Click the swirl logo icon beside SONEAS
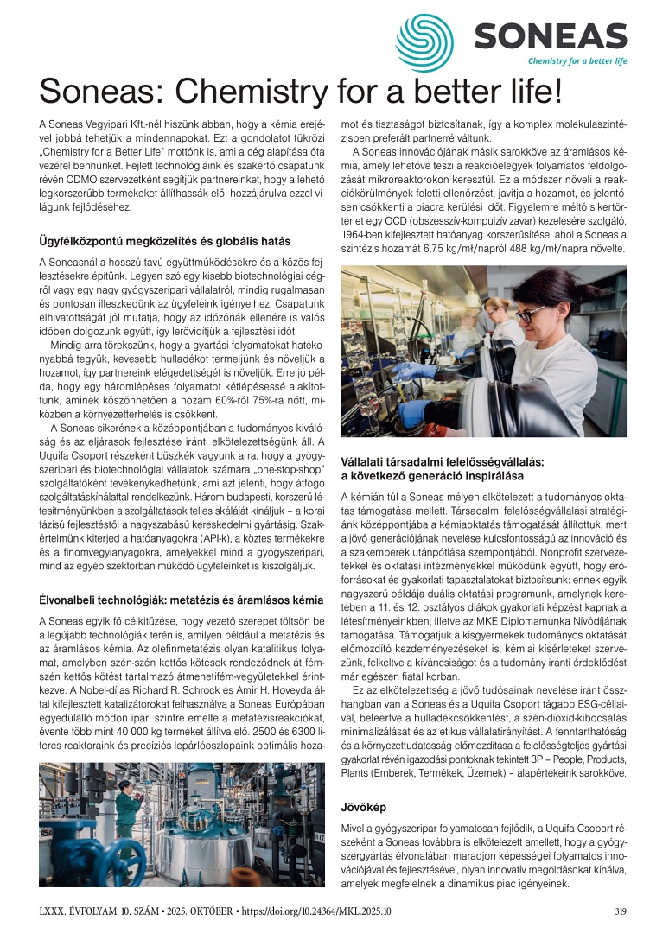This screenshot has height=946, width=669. pos(424,42)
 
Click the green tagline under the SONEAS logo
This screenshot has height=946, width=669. pos(577,61)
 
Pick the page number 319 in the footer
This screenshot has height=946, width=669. pos(620,911)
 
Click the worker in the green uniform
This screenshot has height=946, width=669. pos(126,809)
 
